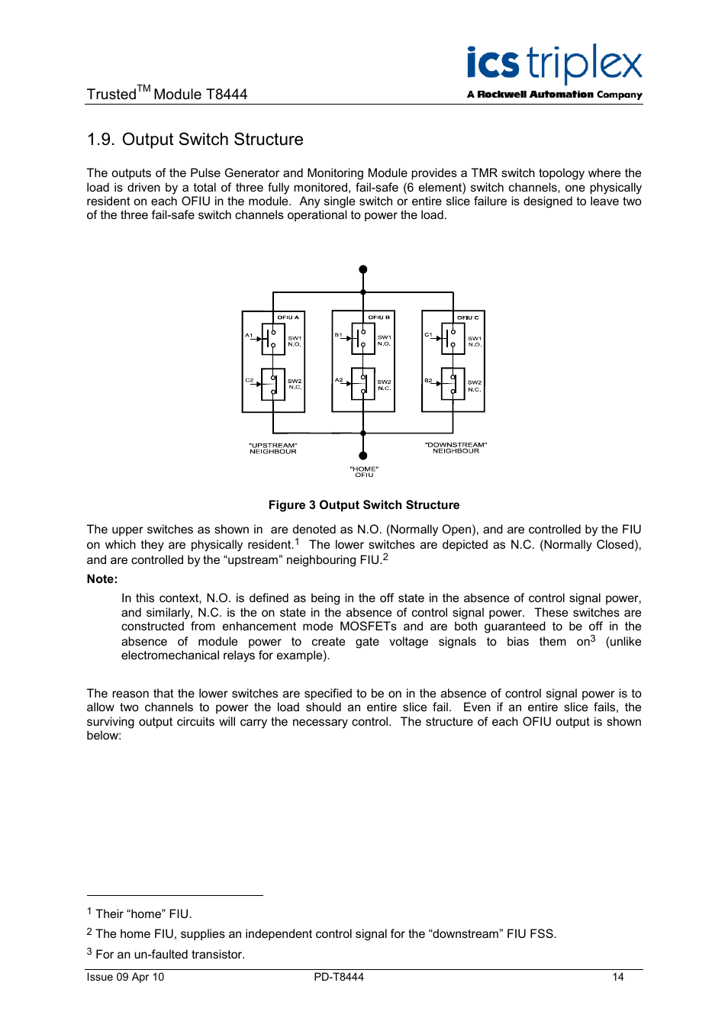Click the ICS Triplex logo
pos(554,72)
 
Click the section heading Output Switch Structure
pos(195,140)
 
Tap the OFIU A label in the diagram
pos(288,317)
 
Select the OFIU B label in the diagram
pos(378,317)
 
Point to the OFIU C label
pos(468,317)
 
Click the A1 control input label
pos(249,336)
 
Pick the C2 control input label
pos(249,380)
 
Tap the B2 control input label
pos(428,380)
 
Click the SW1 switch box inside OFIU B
pos(363,339)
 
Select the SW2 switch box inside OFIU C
pos(453,384)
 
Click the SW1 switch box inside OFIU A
pos(273,339)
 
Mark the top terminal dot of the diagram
pos(363,269)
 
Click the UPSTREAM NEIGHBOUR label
pos(273,449)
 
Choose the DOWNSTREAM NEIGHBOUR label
pos(456,448)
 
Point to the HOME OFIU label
pos(364,472)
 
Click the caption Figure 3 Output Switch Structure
pos(364,505)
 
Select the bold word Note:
pos(102,579)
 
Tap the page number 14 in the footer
pos(618,977)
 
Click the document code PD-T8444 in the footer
pos(339,977)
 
